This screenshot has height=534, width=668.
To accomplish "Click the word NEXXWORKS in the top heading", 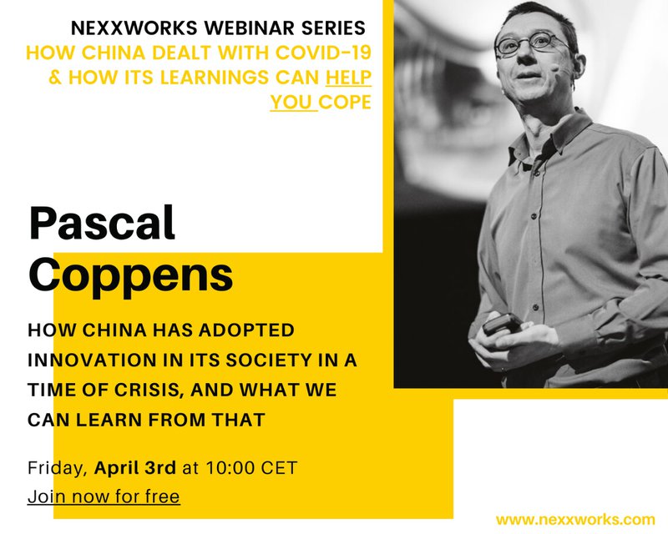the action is (134, 28).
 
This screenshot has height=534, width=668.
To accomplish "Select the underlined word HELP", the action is (348, 77).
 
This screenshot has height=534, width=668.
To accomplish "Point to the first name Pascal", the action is (102, 223).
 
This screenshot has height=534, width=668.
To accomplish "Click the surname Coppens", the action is (131, 275).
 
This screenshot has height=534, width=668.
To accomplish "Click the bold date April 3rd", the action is (135, 468).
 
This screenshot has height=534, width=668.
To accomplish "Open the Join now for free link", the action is (104, 496).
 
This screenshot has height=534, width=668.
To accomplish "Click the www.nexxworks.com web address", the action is (575, 520).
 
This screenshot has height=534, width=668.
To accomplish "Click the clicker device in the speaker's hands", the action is (504, 325).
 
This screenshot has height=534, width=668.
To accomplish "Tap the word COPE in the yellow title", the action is (345, 102).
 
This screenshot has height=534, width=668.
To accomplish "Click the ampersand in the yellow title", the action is (55, 78).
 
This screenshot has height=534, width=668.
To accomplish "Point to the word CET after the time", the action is (279, 468).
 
